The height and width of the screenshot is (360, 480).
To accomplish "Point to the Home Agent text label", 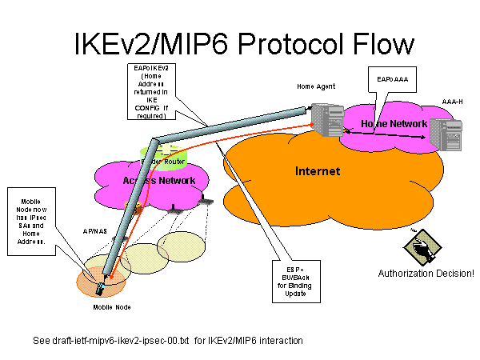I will pyautogui.click(x=316, y=86).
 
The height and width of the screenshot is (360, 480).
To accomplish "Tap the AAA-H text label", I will pyautogui.click(x=453, y=102).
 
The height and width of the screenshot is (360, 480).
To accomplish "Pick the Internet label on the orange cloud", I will pyautogui.click(x=318, y=171).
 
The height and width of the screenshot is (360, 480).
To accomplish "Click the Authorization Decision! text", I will pyautogui.click(x=426, y=274).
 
